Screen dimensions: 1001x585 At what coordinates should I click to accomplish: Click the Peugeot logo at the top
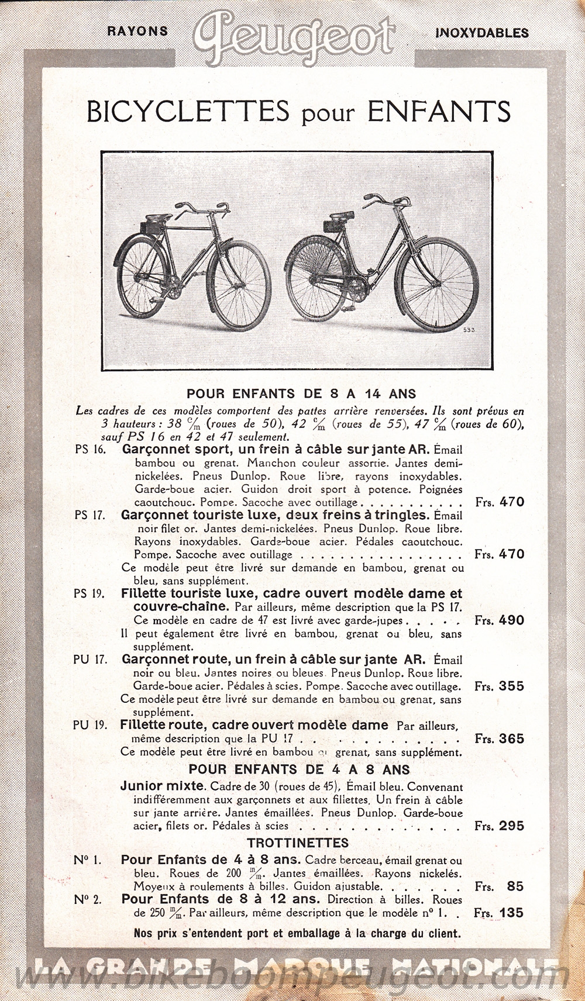coord(295,35)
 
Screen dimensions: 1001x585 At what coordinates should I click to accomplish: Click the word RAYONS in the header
coord(137,32)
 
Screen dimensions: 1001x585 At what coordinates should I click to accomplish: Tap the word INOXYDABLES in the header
coord(482,33)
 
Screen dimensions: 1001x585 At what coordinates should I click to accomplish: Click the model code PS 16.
coord(90,450)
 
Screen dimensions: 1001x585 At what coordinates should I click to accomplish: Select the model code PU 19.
coord(91,726)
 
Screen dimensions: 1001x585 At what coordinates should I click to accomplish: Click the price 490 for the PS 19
coord(511,620)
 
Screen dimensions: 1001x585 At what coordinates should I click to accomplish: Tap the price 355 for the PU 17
coord(511,686)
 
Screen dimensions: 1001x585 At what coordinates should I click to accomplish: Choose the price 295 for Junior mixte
coord(511,826)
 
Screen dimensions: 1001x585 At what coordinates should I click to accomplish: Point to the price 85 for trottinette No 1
coord(515,886)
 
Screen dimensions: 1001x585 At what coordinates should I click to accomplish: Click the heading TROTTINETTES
coord(298,843)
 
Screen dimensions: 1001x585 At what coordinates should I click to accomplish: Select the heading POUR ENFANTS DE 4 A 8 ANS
coord(299,769)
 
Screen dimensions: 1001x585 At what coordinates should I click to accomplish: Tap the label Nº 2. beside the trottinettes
coord(88,899)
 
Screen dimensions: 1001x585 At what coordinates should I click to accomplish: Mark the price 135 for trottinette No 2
coord(511,913)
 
